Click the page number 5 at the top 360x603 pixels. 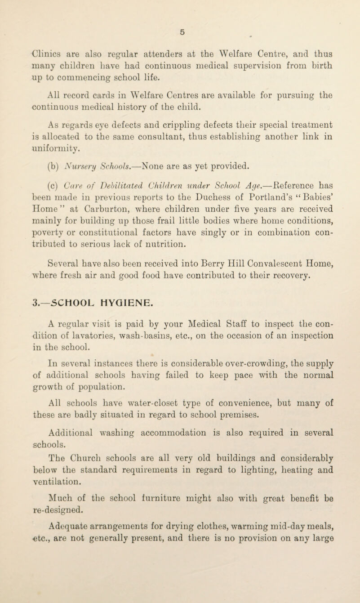coord(181,19)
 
